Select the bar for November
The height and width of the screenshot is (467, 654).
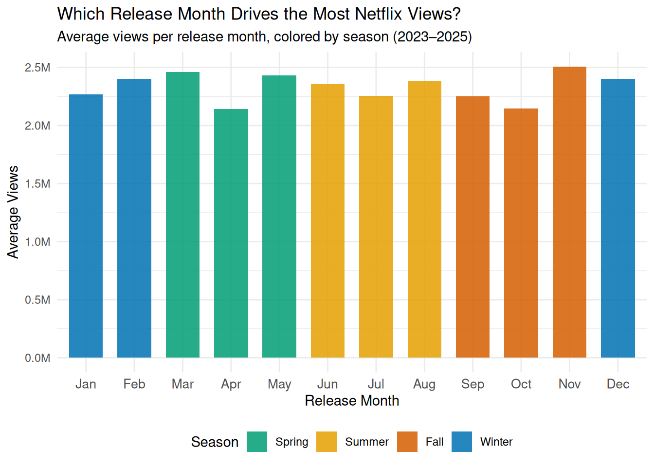tap(569, 212)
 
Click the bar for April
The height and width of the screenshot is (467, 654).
tap(231, 233)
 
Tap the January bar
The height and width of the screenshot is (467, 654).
tap(86, 226)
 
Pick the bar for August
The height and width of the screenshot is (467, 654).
tap(424, 219)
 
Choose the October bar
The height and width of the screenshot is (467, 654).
tap(521, 233)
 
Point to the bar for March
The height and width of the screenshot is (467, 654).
tap(182, 215)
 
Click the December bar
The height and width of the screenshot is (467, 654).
tap(618, 218)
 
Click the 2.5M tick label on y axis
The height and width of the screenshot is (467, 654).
tap(38, 68)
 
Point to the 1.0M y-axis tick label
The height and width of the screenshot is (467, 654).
tap(38, 242)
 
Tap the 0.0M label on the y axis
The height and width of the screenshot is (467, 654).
tap(38, 358)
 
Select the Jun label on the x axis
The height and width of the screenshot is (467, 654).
tap(327, 384)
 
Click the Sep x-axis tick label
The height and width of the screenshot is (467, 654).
tap(472, 384)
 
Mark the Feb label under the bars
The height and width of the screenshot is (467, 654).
tap(134, 384)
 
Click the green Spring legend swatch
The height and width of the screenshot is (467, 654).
tap(257, 442)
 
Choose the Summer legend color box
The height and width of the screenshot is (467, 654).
tap(327, 442)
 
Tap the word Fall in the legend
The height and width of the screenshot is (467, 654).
tap(435, 442)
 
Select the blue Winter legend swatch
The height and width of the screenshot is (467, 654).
tap(462, 442)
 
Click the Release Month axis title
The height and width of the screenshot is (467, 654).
tap(352, 401)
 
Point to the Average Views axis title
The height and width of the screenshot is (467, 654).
tap(13, 212)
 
